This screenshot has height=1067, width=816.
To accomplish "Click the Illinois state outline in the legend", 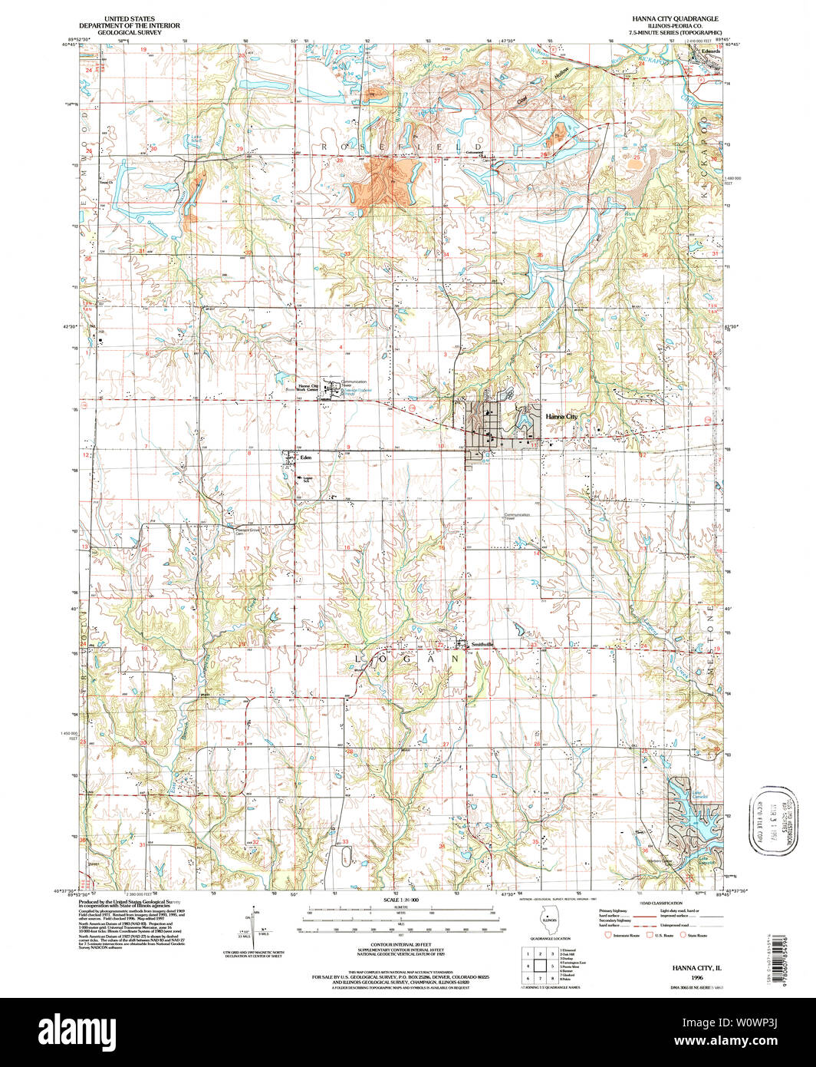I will tap(549, 920).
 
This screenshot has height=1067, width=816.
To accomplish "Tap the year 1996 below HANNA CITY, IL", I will tap(696, 977).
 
